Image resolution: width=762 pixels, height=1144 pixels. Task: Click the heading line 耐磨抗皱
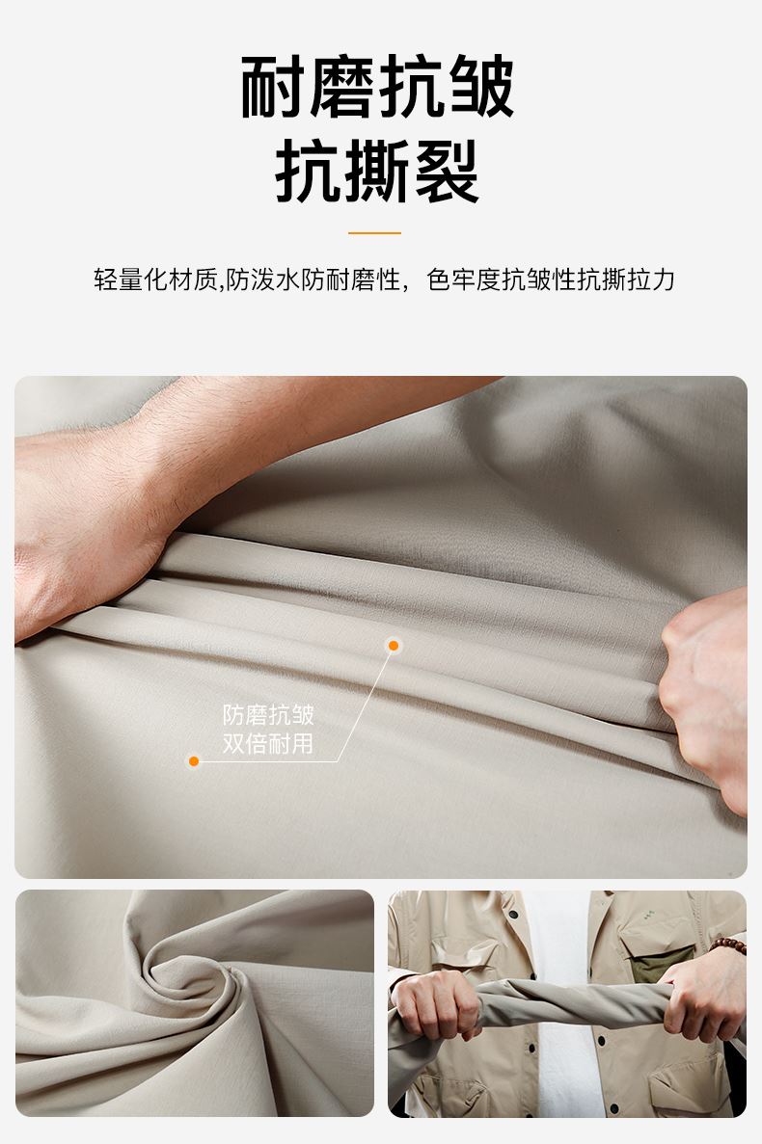click(x=377, y=87)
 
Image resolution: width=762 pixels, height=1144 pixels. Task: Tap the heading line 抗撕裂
click(x=376, y=172)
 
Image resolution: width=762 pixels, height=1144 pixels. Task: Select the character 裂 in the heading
click(x=446, y=172)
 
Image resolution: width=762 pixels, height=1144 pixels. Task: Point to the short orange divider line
click(x=374, y=232)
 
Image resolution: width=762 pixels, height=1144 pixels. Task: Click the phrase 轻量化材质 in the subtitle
click(x=155, y=279)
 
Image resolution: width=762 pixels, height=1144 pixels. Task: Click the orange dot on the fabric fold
click(x=394, y=645)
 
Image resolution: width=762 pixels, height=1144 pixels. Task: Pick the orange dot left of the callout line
click(x=194, y=761)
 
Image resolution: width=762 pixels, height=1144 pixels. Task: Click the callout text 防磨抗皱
click(x=268, y=714)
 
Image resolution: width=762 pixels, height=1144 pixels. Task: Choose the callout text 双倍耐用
click(x=268, y=743)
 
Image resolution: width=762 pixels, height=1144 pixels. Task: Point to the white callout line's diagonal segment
click(x=365, y=704)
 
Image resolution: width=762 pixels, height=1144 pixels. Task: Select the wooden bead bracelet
click(x=727, y=946)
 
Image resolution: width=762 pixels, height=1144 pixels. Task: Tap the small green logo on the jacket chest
click(x=649, y=912)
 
